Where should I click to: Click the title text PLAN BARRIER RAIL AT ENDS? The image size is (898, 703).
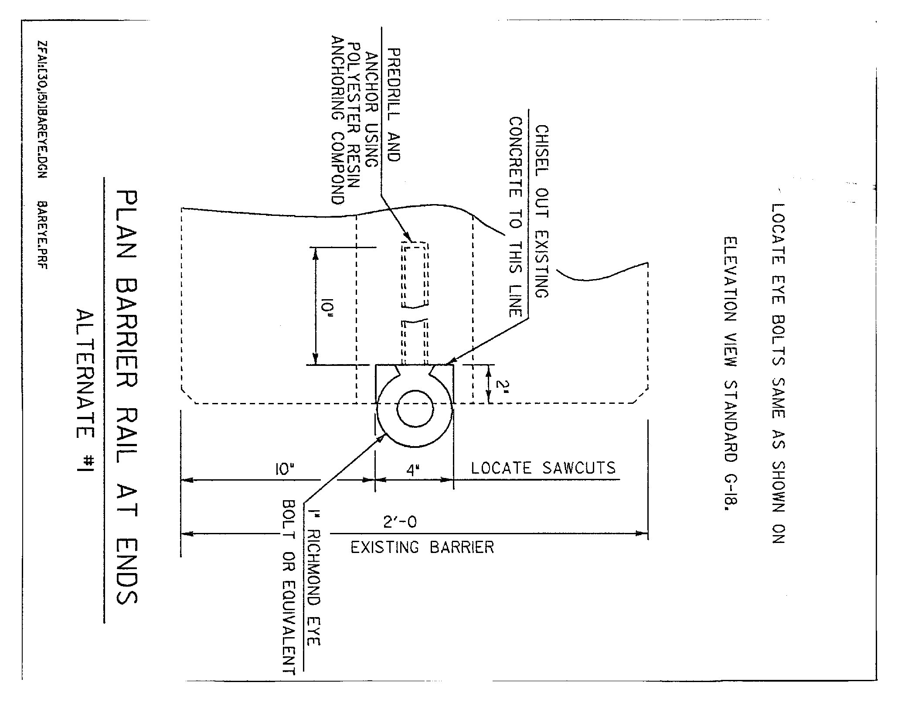pyautogui.click(x=127, y=397)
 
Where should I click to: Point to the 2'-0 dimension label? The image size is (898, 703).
pyautogui.click(x=400, y=522)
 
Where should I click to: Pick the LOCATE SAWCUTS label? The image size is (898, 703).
pyautogui.click(x=543, y=468)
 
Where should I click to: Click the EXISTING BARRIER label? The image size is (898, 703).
pyautogui.click(x=422, y=547)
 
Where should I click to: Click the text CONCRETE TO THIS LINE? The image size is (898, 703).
pyautogui.click(x=516, y=217)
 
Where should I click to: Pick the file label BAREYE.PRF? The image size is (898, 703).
pyautogui.click(x=43, y=235)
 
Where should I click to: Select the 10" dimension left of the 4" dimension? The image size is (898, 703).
pyautogui.click(x=284, y=470)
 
